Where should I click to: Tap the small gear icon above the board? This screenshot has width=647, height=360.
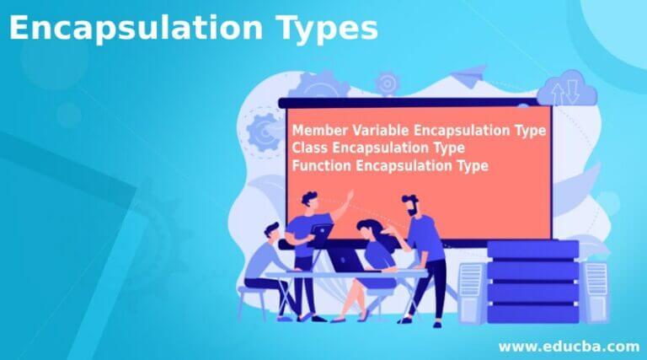coord(387,82)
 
